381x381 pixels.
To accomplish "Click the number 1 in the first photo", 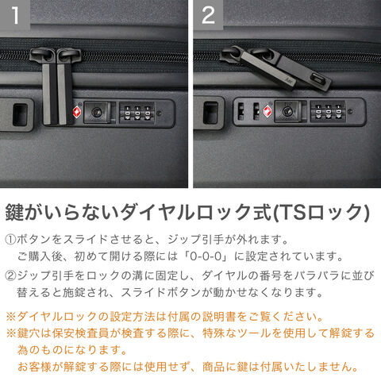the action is tap(15, 15).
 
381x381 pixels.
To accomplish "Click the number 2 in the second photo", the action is tap(209, 15).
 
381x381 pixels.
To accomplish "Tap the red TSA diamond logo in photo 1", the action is tap(77, 112).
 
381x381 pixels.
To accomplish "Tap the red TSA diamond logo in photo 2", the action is tap(267, 111).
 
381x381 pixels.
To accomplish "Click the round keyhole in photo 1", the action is tap(96, 112).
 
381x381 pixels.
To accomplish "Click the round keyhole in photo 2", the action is tap(287, 112).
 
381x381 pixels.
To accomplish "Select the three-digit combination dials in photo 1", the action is tap(137, 113).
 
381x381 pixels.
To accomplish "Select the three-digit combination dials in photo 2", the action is tap(328, 112).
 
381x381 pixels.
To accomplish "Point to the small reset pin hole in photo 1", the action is tap(160, 113).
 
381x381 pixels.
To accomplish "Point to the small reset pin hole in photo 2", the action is tap(350, 111).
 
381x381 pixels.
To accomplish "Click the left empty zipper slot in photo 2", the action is tap(241, 111).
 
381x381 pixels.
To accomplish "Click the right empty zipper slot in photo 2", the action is tap(256, 111).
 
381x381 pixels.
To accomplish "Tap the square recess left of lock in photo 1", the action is tap(20, 114).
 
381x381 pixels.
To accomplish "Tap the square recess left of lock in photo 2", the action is tap(211, 113).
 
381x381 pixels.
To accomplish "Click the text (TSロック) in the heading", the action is tap(321, 213).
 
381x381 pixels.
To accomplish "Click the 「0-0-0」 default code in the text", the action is tap(206, 256).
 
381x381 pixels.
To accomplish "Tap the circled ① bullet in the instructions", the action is tap(10, 240).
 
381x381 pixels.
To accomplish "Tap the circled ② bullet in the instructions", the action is tap(10, 276).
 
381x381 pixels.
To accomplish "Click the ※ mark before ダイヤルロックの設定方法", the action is tap(11, 317).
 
